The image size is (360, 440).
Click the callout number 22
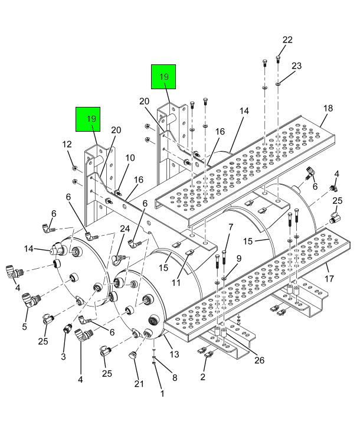point(287,40)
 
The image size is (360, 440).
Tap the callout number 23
point(297,66)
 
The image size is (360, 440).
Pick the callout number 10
point(130,158)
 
